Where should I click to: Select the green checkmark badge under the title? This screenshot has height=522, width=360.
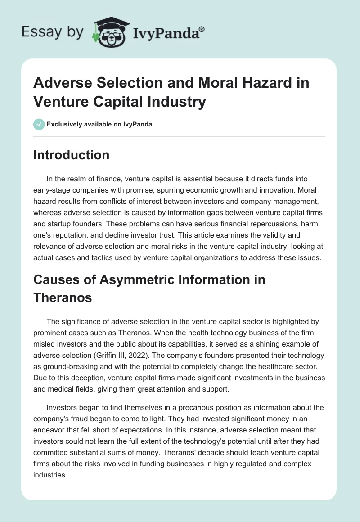tap(39, 124)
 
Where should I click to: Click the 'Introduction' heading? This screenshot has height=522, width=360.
tap(72, 155)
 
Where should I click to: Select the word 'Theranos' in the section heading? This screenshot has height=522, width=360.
tap(63, 297)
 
